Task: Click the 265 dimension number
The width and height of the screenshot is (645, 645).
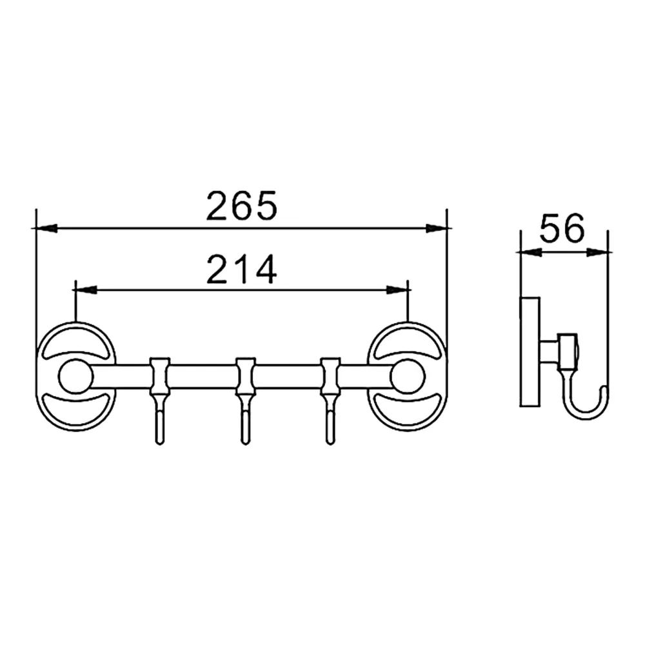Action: [241, 206]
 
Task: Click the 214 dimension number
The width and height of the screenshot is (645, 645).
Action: [241, 270]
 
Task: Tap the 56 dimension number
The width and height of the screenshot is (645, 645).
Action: [562, 228]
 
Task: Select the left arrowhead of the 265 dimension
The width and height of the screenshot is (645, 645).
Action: [45, 228]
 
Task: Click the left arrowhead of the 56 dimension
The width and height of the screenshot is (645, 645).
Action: [531, 252]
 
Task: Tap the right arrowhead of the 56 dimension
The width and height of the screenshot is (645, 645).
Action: [598, 252]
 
